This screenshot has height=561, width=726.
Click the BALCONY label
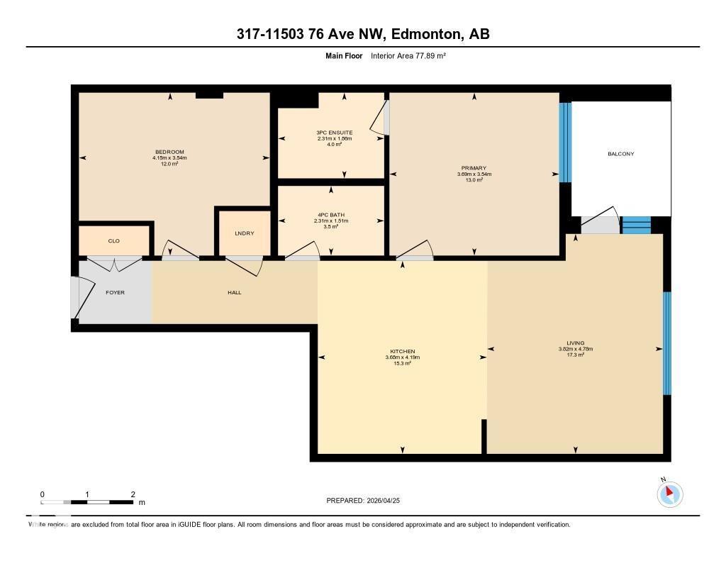pyautogui.click(x=620, y=154)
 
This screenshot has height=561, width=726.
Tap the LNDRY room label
pyautogui.click(x=244, y=233)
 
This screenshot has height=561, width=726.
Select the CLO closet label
pyautogui.click(x=113, y=241)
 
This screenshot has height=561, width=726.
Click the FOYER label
pyautogui.click(x=115, y=292)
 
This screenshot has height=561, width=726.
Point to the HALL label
pyautogui.click(x=235, y=292)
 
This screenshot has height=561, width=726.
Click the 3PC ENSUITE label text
pyautogui.click(x=335, y=133)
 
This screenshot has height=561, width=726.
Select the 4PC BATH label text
pyautogui.click(x=331, y=215)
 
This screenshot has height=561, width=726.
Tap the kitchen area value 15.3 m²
pyautogui.click(x=402, y=363)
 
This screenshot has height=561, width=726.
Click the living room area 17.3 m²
pyautogui.click(x=575, y=355)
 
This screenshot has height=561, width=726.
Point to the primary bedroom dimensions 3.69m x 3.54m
pyautogui.click(x=474, y=174)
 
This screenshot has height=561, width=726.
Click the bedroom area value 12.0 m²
pyautogui.click(x=169, y=164)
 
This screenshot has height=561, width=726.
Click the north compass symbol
pyautogui.click(x=669, y=494)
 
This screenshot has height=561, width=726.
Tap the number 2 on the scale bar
pyautogui.click(x=133, y=494)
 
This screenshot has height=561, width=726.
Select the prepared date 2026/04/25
pyautogui.click(x=389, y=501)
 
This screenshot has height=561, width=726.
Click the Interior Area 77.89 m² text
pyautogui.click(x=408, y=55)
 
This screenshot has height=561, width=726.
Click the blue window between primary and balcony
pyautogui.click(x=565, y=143)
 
